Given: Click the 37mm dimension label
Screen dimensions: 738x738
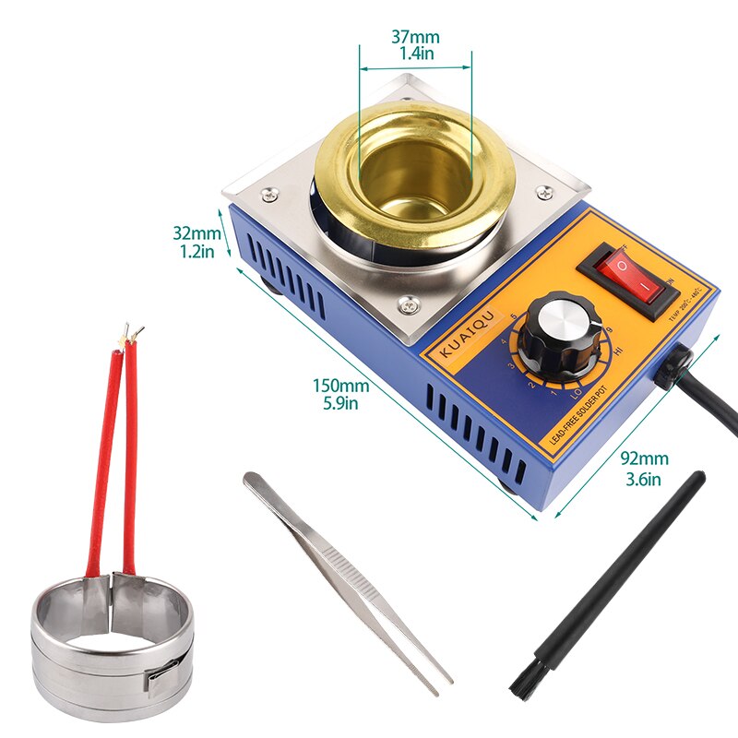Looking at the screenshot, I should [415, 37].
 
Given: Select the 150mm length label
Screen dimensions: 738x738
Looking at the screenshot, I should [340, 386].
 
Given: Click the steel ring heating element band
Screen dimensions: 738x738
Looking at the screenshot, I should [111, 646].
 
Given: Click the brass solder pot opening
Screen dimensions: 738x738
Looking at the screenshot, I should [414, 171].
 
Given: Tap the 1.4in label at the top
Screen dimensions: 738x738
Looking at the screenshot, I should [416, 54].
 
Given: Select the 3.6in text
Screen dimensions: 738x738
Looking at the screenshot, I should [643, 478].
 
